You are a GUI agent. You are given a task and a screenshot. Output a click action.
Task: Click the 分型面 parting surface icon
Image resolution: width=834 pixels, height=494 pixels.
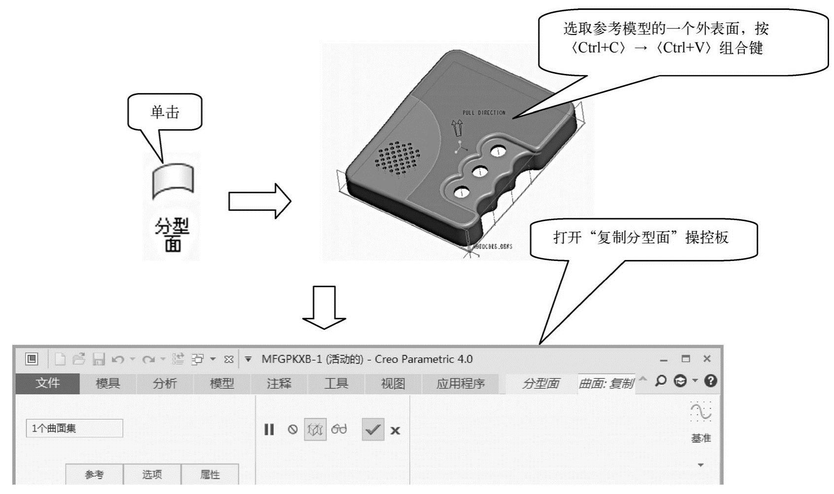(x=173, y=182)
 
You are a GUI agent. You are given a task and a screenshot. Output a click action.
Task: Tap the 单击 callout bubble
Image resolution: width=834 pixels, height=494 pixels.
(x=165, y=112)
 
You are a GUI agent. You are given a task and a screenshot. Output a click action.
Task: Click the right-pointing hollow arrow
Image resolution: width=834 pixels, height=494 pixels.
(x=260, y=201)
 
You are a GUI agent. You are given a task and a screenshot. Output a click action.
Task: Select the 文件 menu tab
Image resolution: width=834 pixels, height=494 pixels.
(x=47, y=383)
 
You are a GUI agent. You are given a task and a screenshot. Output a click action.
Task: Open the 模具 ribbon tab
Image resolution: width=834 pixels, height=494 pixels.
(x=108, y=383)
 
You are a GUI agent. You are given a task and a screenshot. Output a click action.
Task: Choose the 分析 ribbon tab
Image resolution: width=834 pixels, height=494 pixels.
(x=165, y=383)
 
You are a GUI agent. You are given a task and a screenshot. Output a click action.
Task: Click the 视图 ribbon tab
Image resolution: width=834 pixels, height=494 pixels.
(x=393, y=383)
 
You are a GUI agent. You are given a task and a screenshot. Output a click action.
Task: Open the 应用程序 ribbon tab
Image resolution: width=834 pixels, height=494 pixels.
(x=461, y=383)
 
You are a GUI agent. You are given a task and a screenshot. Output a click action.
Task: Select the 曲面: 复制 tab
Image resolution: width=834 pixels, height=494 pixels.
(x=606, y=383)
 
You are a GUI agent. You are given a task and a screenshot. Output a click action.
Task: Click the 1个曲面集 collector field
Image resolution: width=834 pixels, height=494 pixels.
(x=74, y=428)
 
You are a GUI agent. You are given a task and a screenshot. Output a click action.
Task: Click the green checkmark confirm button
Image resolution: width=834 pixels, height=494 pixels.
(x=373, y=429)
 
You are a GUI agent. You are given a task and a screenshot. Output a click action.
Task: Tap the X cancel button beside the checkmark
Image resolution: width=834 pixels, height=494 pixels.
(x=395, y=430)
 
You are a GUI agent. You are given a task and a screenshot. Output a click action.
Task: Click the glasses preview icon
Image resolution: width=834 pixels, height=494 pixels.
(x=339, y=429)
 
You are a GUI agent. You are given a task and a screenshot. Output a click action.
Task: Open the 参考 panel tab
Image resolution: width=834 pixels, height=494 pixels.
(x=94, y=474)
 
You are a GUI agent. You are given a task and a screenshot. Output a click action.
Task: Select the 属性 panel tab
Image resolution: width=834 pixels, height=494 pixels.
(x=210, y=474)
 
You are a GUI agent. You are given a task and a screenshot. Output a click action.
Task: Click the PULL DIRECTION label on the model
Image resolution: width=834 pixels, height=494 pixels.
(x=484, y=113)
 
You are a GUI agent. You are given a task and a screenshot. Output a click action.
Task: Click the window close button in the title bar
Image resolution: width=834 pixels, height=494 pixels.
(x=707, y=359)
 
